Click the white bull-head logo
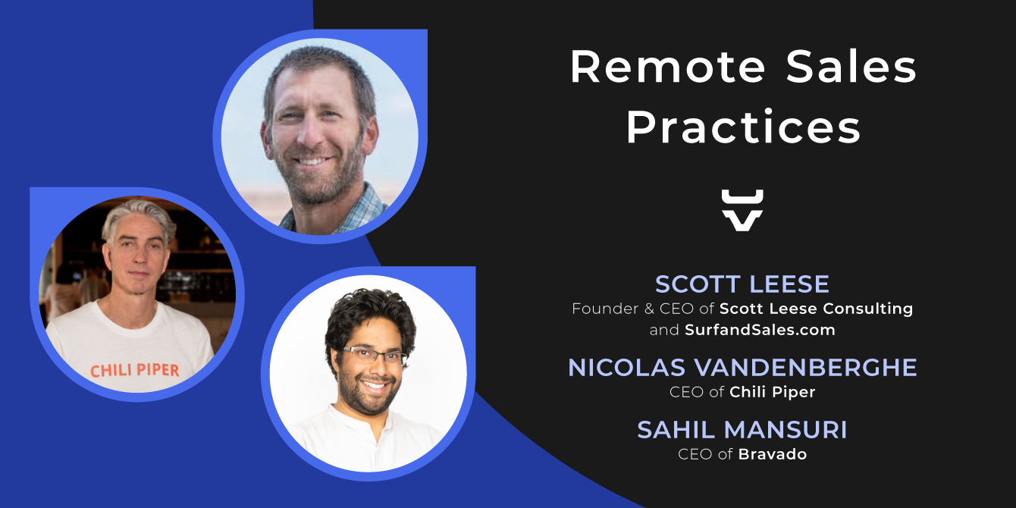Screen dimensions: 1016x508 coord(742,210)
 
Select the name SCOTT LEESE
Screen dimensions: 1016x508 coord(742,284)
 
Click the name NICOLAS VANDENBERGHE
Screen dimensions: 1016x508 coord(742,368)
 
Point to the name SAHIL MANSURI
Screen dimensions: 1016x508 coord(742,430)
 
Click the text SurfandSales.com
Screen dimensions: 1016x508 coord(760,330)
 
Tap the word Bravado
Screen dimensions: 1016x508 coord(773,454)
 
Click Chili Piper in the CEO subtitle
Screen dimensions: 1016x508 coord(773,392)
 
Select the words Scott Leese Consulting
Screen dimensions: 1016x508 coord(816,309)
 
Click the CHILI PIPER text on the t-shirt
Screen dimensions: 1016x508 coord(135,371)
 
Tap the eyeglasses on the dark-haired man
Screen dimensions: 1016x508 coord(375,355)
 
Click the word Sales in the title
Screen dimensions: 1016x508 coord(851,67)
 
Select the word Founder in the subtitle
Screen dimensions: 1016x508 coord(605,309)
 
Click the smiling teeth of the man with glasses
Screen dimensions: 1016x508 coord(375,386)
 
